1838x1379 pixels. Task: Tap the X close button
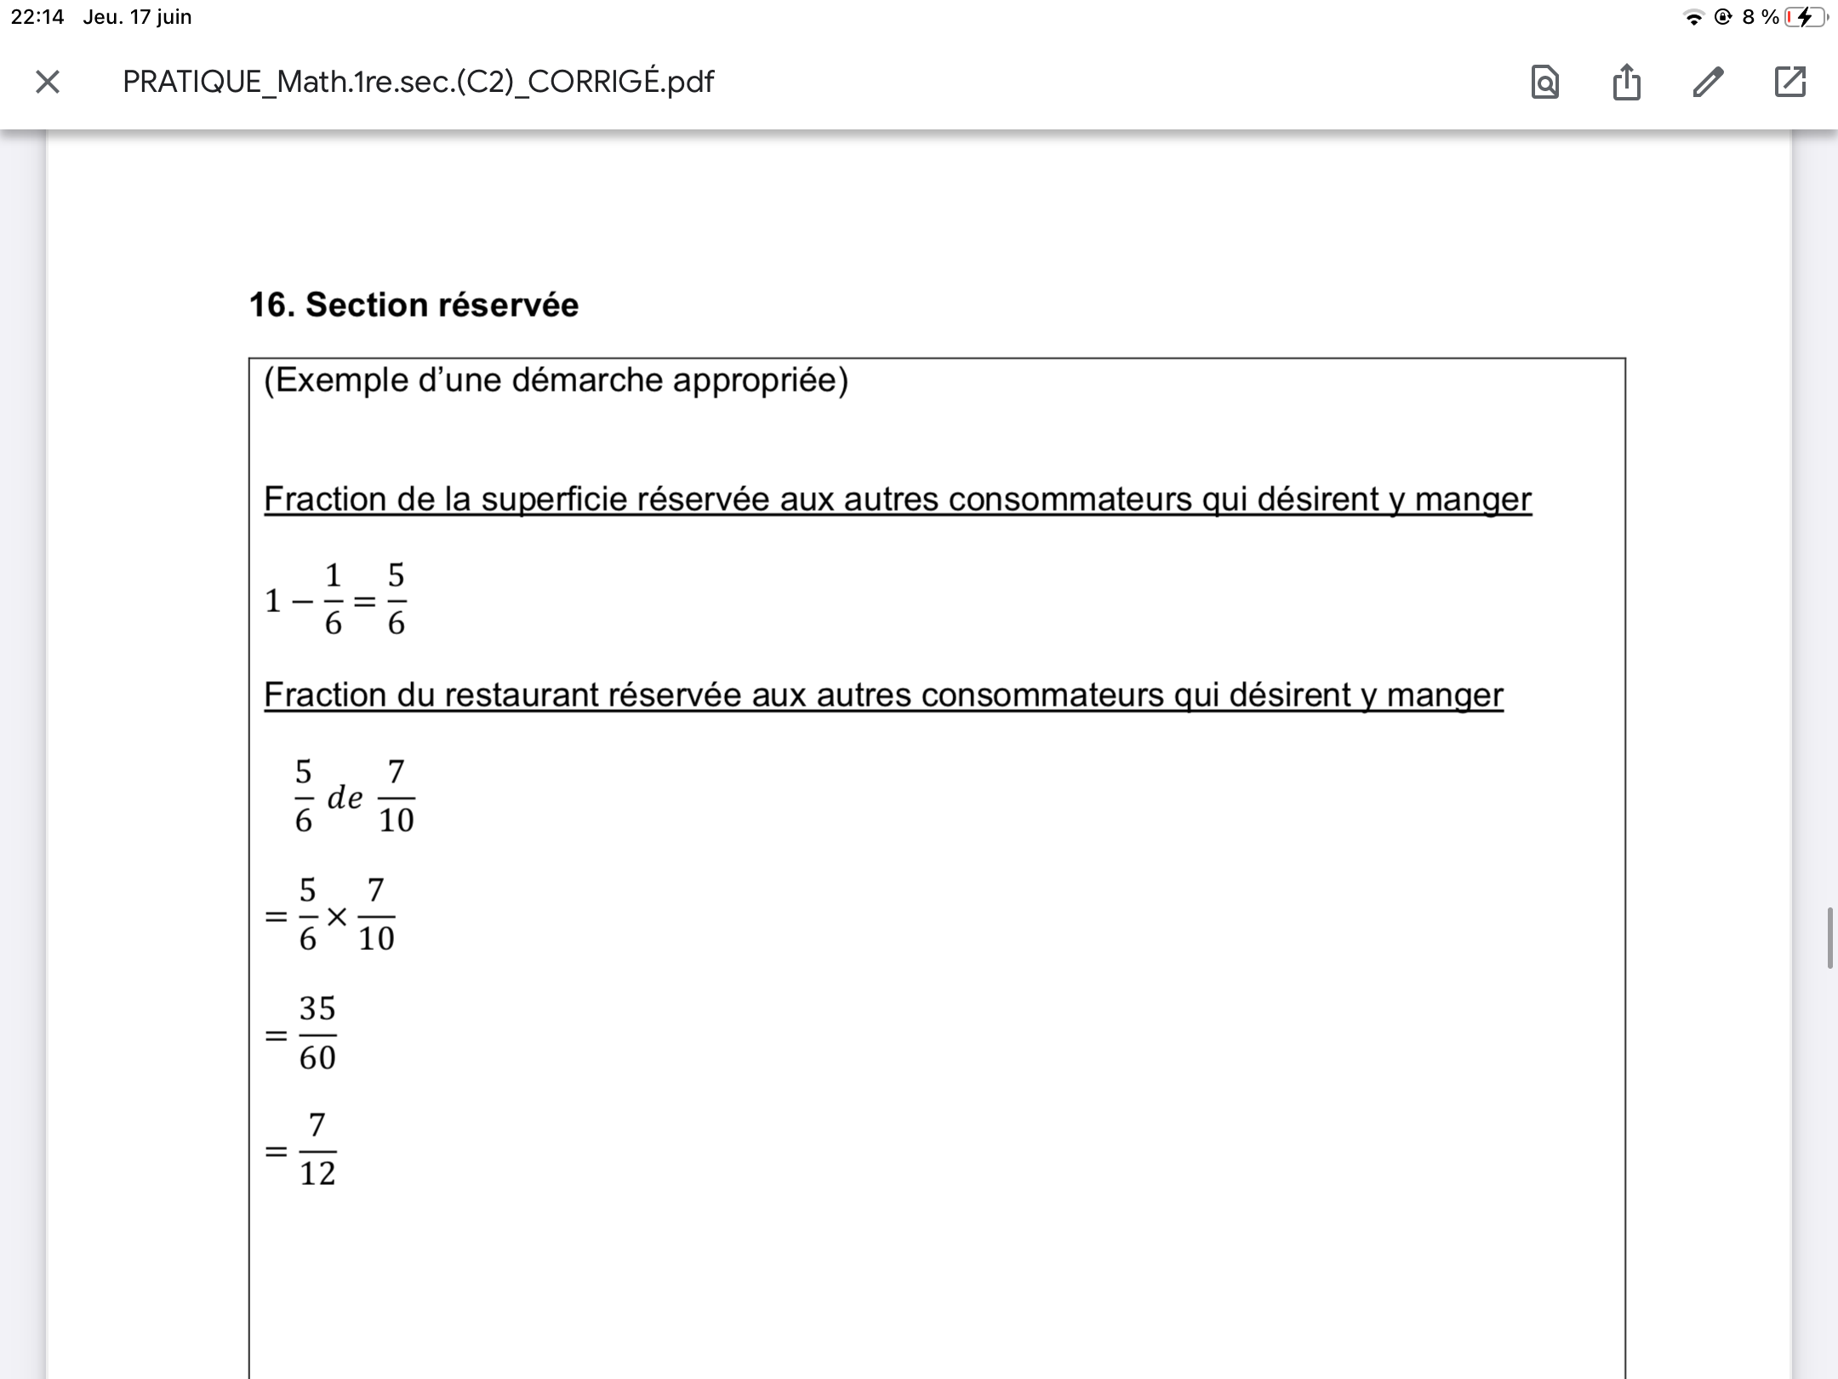pos(48,82)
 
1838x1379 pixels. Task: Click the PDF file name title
pos(418,82)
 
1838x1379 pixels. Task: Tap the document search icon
pos(1544,83)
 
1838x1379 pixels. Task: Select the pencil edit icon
pos(1708,82)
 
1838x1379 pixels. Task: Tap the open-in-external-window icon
pos(1789,82)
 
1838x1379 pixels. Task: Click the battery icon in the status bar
pos(1804,17)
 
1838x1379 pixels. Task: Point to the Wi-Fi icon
pos(1693,18)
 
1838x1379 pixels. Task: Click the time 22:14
pos(37,17)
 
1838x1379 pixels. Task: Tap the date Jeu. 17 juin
pos(137,17)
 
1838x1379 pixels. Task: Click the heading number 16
pos(271,305)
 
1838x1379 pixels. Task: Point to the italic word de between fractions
pos(345,798)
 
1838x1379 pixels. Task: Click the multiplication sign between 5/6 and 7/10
pos(337,917)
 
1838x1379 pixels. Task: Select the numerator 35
pos(317,1009)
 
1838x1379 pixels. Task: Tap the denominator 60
pos(317,1058)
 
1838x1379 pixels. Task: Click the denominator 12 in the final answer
pos(317,1174)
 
